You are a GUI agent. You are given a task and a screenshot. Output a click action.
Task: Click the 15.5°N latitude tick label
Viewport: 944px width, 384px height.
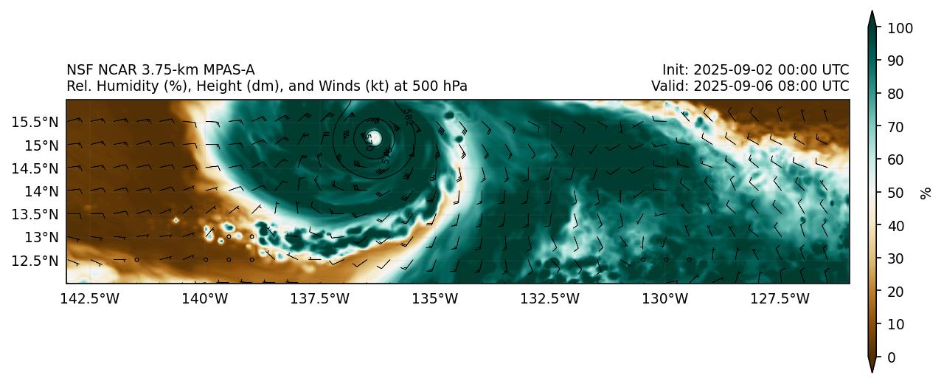(35, 121)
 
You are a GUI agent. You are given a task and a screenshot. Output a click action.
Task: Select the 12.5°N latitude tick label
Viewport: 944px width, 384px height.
(35, 261)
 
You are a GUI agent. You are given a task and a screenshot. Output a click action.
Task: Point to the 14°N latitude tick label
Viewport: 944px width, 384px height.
(40, 191)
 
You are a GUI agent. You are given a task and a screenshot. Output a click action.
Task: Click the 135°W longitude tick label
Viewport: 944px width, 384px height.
(434, 298)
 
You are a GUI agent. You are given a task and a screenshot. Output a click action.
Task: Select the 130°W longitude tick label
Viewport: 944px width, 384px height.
(664, 298)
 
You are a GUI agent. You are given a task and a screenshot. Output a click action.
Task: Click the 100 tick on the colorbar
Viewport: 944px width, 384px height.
(900, 28)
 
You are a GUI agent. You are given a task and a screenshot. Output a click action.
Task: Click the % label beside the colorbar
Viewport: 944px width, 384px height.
(926, 193)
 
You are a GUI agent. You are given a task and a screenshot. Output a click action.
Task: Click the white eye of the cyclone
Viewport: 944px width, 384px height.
(374, 137)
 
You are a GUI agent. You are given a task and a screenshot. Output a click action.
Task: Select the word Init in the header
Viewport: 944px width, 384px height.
(674, 70)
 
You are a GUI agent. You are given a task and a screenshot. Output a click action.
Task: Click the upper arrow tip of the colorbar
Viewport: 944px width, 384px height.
(871, 13)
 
